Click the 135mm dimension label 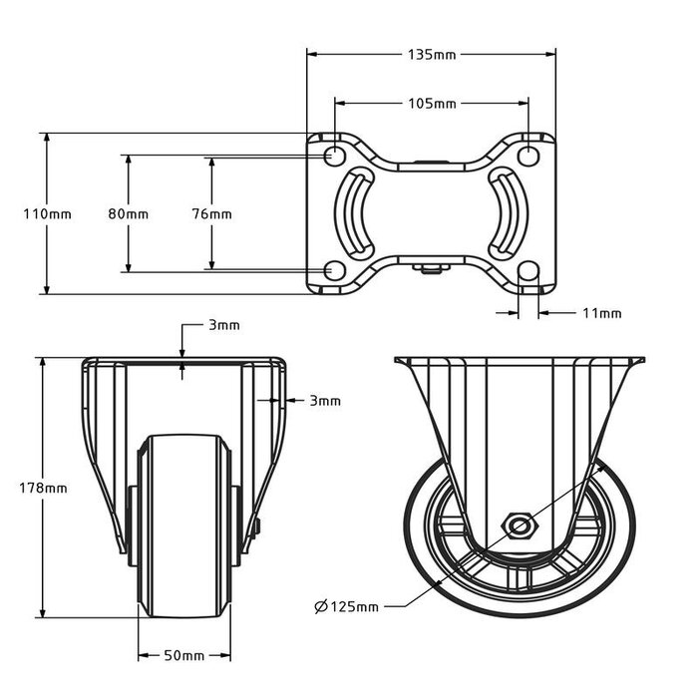pyautogui.click(x=431, y=55)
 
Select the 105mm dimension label pyautogui.click(x=431, y=104)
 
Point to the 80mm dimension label pyautogui.click(x=129, y=214)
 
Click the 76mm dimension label pyautogui.click(x=211, y=214)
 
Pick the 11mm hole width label pyautogui.click(x=601, y=313)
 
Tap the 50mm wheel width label pyautogui.click(x=183, y=655)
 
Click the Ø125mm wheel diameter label pyautogui.click(x=346, y=606)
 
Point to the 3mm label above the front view pyautogui.click(x=223, y=326)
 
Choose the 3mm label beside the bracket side pyautogui.click(x=324, y=401)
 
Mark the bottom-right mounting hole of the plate pyautogui.click(x=528, y=271)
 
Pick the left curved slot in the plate pyautogui.click(x=356, y=213)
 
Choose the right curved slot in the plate pyautogui.click(x=506, y=213)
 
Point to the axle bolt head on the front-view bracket pyautogui.click(x=257, y=527)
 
